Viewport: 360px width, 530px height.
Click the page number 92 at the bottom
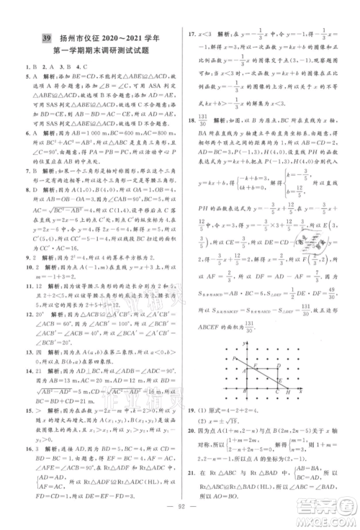coord(179,516)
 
